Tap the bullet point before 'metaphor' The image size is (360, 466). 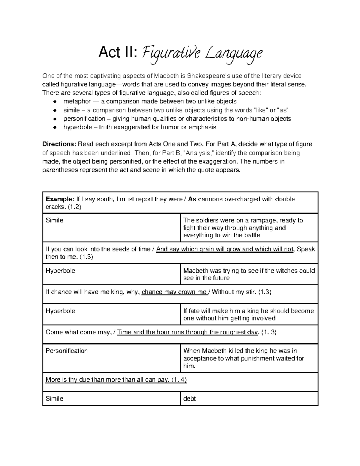tap(55, 101)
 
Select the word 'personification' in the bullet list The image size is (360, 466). tap(84, 119)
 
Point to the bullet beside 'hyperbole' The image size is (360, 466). tap(55, 127)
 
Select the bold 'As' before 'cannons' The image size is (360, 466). tap(192, 199)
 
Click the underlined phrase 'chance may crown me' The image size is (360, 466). tap(174, 292)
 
